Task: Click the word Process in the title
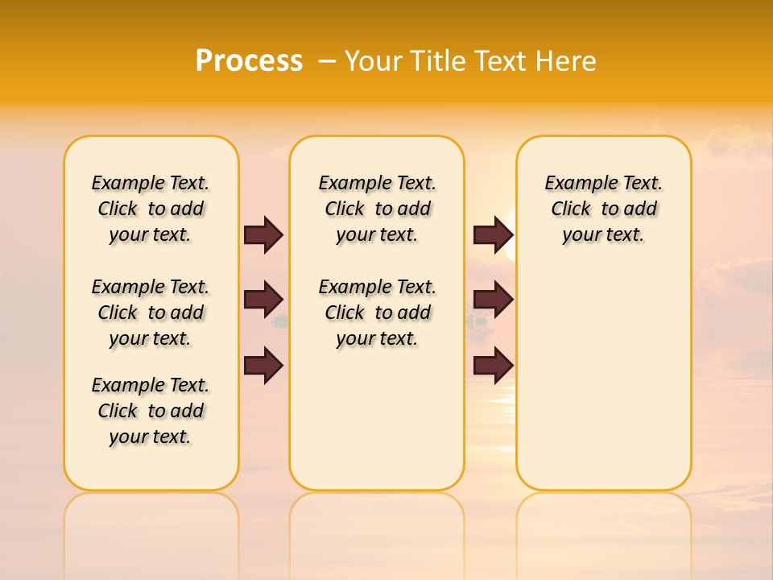(249, 60)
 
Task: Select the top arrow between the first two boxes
(263, 234)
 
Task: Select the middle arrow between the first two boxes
(263, 300)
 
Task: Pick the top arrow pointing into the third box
(493, 234)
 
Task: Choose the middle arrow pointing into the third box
(493, 300)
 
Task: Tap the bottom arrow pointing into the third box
(493, 366)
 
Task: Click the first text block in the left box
(151, 209)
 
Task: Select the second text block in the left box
(151, 313)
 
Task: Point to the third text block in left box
(151, 411)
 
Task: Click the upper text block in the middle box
(377, 209)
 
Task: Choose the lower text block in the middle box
(377, 313)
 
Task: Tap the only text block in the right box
(603, 209)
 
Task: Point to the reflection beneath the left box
(151, 524)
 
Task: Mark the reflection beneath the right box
(603, 524)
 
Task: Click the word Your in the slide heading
(373, 61)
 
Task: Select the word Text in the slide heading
(500, 61)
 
